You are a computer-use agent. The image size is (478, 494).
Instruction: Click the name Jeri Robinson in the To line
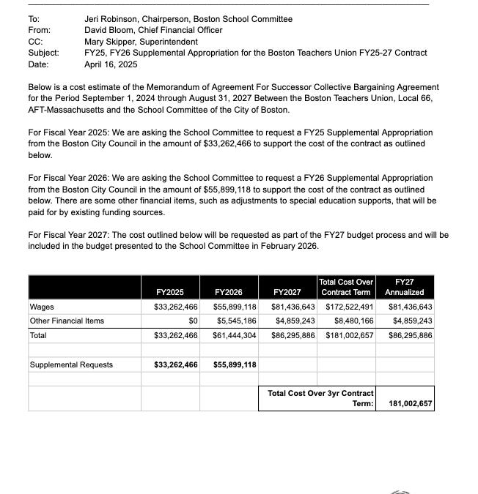[114, 19]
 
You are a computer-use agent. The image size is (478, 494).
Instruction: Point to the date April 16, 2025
[111, 64]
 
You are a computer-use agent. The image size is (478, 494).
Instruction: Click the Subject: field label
[44, 53]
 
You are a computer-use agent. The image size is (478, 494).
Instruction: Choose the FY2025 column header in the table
[169, 292]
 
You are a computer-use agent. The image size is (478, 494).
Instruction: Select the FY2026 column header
[228, 292]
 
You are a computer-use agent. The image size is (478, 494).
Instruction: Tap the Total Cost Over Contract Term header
[346, 287]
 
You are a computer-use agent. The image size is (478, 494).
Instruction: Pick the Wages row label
[42, 307]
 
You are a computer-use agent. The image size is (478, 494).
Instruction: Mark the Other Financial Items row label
[67, 321]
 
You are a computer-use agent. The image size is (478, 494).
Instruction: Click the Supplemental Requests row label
[71, 364]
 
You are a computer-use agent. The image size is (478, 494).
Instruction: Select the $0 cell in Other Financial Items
[193, 321]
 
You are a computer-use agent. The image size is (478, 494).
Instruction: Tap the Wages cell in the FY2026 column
[235, 307]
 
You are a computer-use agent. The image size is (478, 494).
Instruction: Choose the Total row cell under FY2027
[293, 335]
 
